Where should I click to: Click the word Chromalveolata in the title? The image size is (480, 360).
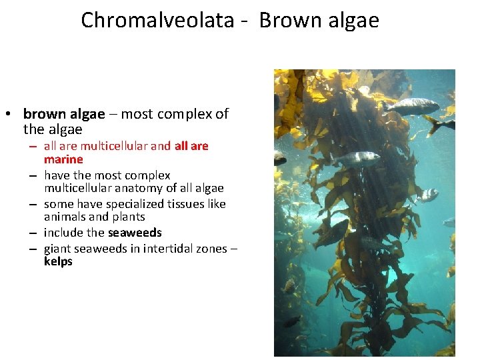[157, 20]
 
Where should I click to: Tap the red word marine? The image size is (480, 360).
[63, 159]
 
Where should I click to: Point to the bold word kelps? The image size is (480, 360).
[58, 261]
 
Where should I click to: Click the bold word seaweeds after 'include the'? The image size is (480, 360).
[135, 233]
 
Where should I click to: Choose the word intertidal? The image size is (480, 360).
[170, 249]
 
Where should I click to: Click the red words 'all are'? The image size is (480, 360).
[191, 146]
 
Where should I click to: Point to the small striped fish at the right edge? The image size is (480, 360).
[427, 195]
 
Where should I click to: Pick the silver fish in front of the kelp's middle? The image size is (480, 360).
[359, 158]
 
